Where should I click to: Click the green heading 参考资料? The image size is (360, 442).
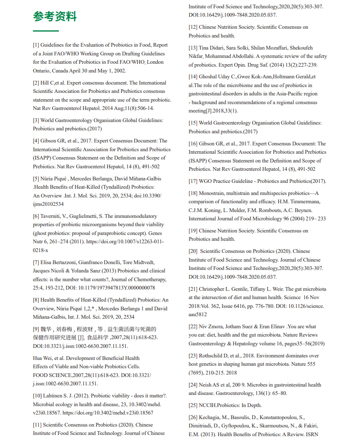click(55, 17)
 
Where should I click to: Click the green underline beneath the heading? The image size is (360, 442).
click(46, 31)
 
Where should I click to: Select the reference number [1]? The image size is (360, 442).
click(36, 45)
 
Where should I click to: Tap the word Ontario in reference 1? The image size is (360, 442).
click(43, 70)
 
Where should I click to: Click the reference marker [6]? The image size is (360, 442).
click(36, 216)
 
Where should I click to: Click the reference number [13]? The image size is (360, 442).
click(193, 48)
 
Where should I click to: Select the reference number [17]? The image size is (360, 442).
click(193, 181)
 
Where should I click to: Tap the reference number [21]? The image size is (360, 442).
click(193, 289)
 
